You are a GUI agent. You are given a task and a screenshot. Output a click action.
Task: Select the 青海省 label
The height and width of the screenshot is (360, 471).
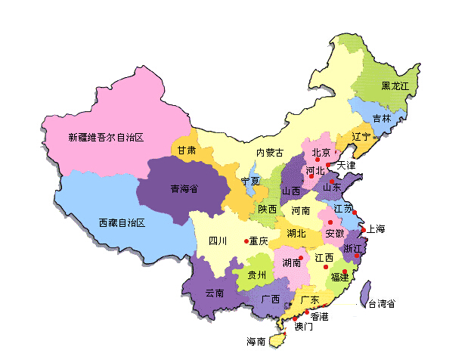184,189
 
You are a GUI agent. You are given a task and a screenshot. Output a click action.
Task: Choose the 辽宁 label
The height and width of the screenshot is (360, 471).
362,137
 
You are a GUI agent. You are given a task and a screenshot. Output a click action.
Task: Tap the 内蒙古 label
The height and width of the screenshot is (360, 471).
270,153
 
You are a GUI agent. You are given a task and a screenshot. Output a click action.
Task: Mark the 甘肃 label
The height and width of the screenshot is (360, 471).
187,151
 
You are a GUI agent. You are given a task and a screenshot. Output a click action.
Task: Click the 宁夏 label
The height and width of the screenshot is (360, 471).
250,182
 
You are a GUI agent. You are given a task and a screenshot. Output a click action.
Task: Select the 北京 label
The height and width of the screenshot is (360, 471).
321,154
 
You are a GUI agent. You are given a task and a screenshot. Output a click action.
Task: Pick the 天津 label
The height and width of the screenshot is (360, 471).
346,165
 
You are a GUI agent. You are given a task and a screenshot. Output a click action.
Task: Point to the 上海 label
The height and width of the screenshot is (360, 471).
376,229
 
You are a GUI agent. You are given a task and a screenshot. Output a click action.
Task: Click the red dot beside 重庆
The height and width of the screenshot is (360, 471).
246,241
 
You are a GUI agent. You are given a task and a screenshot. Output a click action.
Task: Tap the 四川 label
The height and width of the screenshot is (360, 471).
218,241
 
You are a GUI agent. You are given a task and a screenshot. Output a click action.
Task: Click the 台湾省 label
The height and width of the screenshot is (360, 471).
382,304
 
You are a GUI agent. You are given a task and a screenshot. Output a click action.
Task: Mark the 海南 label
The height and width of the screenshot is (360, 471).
256,342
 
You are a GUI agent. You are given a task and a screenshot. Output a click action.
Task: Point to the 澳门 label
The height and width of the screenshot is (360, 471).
303,327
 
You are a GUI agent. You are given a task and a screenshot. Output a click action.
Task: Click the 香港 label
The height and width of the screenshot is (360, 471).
319,316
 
